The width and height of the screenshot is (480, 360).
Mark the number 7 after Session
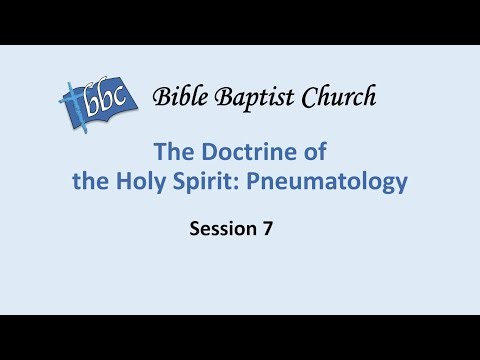coord(268,229)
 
